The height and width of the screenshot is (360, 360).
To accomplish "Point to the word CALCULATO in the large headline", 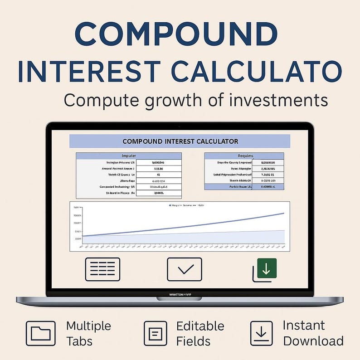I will click(x=257, y=72).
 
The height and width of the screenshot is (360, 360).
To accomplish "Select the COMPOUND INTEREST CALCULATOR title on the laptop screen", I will click(x=180, y=141).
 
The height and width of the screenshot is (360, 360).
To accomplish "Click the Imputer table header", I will click(x=129, y=156).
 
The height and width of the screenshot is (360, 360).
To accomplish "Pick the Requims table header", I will click(x=245, y=156).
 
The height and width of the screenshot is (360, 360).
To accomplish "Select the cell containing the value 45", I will click(x=158, y=174).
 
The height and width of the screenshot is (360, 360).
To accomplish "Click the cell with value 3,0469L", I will click(x=158, y=193).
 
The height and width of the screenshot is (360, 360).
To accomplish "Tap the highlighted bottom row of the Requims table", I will click(x=245, y=187).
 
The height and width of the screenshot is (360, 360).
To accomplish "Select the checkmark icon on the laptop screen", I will click(x=184, y=269).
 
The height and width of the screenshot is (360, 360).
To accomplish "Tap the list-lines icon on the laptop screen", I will click(x=102, y=269).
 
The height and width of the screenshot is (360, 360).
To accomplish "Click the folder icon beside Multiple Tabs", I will click(x=41, y=333).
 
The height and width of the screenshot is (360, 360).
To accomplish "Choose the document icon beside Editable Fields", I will click(x=156, y=333).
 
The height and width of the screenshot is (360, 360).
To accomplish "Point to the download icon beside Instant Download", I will click(x=262, y=333).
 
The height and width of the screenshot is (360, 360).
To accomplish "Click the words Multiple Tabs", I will click(x=88, y=333).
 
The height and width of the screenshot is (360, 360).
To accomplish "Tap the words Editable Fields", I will click(x=200, y=333).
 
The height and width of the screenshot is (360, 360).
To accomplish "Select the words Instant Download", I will click(x=313, y=333).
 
